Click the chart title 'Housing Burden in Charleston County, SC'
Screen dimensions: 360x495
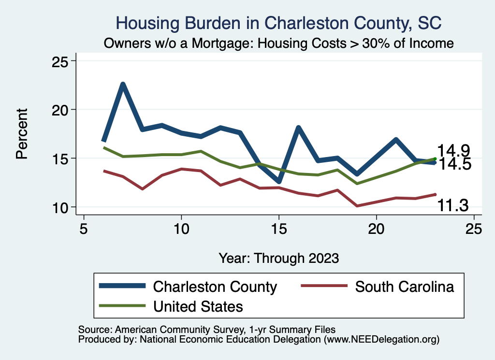(279, 23)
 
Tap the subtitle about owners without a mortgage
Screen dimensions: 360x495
(279, 43)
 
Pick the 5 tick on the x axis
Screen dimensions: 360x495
(84, 228)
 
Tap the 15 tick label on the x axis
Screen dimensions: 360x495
(278, 228)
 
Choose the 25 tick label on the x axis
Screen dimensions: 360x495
(474, 228)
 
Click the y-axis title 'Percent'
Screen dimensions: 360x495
(22, 134)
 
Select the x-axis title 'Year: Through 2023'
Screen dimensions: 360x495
(278, 258)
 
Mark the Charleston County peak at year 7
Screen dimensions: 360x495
(123, 85)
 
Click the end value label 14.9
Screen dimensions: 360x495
(454, 151)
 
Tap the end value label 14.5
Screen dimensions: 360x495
(454, 164)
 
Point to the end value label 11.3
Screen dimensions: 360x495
(453, 206)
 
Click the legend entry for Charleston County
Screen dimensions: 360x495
(215, 287)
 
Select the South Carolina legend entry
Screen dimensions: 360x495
(405, 287)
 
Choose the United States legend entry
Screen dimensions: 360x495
(198, 306)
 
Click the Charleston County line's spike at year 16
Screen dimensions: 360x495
(298, 128)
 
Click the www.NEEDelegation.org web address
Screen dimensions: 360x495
(382, 339)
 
